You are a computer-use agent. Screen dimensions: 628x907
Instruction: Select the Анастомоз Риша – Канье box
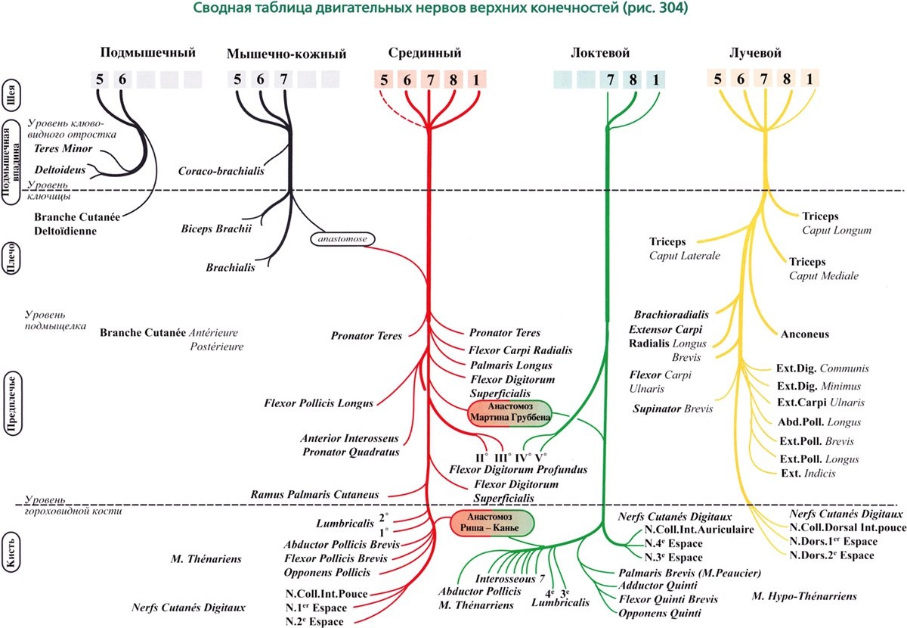491,523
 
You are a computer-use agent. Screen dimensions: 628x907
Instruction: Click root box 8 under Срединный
453,79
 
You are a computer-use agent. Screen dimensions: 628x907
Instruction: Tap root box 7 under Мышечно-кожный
283,79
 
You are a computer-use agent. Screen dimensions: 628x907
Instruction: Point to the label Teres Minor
64,149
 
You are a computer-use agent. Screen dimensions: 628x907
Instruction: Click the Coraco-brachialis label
221,172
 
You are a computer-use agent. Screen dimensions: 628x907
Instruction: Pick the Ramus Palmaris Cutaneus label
314,494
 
